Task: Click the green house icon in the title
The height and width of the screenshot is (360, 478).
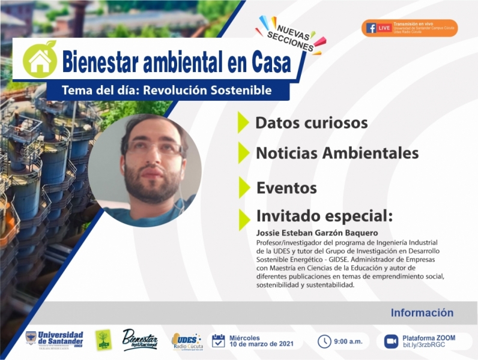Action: coord(40,60)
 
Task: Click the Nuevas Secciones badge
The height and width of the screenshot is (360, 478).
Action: coord(292,35)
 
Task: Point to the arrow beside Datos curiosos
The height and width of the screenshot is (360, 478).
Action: coord(243,122)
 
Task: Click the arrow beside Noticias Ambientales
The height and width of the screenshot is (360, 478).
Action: coord(243,152)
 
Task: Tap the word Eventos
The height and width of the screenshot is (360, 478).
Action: coord(286,188)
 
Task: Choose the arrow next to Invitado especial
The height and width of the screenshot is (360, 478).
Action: coord(243,218)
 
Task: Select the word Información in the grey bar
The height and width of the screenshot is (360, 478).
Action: coord(422,313)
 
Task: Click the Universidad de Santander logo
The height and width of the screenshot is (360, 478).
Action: coord(54,339)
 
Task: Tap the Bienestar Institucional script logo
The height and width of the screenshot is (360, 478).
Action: coord(139,340)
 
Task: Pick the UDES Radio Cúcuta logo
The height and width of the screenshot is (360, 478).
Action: coord(187,341)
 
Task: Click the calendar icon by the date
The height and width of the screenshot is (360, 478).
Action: coord(219,341)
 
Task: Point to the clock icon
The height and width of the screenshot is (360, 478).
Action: coord(324,341)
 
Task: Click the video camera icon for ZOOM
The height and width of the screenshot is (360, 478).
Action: coord(391,341)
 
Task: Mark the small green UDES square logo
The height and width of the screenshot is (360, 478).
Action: coord(103,340)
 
